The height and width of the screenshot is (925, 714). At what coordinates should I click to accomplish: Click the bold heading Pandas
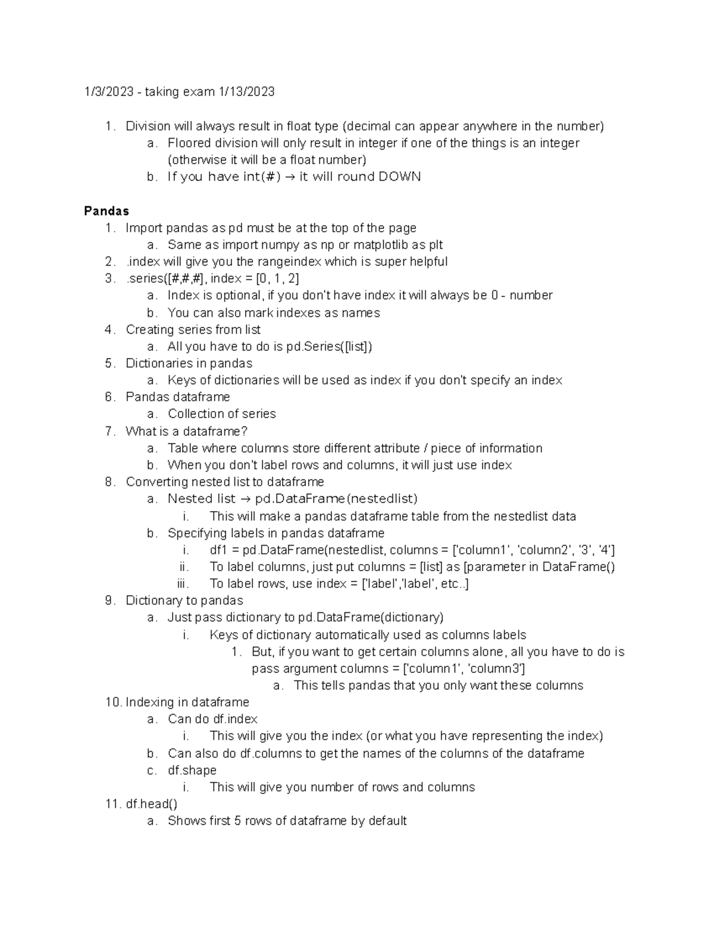[107, 211]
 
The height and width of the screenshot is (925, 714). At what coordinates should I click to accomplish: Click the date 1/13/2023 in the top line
[246, 91]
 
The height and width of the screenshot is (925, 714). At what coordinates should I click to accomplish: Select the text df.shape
[192, 770]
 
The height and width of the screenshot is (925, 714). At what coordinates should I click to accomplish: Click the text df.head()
[151, 804]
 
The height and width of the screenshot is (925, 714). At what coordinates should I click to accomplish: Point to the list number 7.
[109, 431]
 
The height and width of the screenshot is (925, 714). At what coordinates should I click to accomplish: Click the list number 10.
[113, 702]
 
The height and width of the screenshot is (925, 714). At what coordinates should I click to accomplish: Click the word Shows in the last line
[185, 821]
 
